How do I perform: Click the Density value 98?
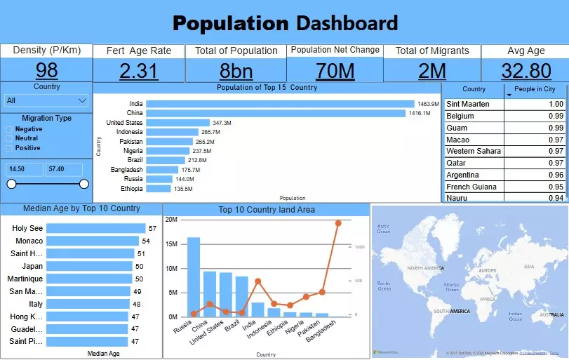coord(46,71)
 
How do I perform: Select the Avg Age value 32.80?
coord(526,71)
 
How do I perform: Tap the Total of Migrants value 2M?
coord(432,71)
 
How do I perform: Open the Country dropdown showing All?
coord(46,101)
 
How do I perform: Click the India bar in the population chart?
coord(280,104)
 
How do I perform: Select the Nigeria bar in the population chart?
coord(168,151)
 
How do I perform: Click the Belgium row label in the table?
coord(460,116)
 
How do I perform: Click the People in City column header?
coord(535,89)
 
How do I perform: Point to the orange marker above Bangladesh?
coord(338,223)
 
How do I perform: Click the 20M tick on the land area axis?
coord(171,220)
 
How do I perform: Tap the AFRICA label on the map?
coord(487,298)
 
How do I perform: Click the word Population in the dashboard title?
coord(231,23)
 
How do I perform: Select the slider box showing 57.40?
coord(64,169)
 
